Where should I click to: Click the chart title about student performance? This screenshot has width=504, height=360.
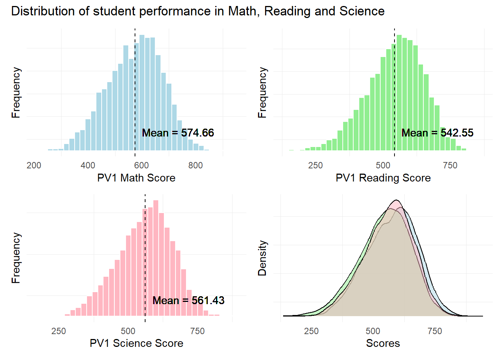[198, 11]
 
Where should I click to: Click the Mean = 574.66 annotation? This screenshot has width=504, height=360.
[178, 133]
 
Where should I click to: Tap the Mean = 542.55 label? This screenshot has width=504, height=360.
[437, 133]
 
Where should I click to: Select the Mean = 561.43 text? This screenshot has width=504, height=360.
[188, 300]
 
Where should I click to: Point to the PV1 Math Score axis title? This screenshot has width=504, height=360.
[136, 178]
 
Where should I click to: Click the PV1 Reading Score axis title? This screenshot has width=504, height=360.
[383, 178]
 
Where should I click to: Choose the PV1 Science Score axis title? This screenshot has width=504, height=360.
[136, 343]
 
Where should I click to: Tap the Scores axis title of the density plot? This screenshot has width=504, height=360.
[383, 343]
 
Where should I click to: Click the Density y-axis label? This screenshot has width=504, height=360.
[262, 258]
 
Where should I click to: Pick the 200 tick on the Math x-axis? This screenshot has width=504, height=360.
[34, 165]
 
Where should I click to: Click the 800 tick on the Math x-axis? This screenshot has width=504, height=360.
[195, 165]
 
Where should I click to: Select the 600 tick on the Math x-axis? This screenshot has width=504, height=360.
[141, 165]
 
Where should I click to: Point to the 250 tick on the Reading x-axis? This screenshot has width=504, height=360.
[315, 165]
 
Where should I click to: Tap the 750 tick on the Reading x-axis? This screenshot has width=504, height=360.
[450, 165]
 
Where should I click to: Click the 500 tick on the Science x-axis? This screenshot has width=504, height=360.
[128, 331]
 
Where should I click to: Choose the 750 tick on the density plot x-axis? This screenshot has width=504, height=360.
[435, 331]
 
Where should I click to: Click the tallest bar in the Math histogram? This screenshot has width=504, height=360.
[142, 94]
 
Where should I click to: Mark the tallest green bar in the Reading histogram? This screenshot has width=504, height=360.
[399, 94]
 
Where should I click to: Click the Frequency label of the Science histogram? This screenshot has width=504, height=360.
[16, 258]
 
